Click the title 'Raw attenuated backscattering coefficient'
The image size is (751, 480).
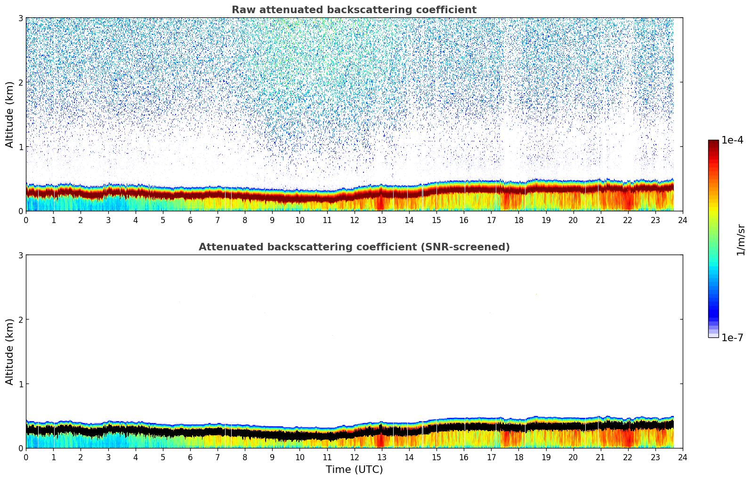(354, 10)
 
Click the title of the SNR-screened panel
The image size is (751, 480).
(354, 247)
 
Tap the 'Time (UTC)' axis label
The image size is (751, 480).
(354, 470)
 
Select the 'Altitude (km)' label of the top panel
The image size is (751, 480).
(10, 114)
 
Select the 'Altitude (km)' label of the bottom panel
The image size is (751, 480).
(10, 352)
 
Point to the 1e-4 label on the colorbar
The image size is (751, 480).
(732, 140)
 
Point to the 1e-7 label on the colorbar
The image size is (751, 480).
(732, 337)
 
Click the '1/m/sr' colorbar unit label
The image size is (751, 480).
(741, 240)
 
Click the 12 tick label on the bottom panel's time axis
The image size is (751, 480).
(354, 457)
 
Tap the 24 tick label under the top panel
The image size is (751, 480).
(683, 220)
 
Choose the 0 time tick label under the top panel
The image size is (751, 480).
(26, 220)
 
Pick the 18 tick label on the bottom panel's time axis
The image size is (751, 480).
(518, 457)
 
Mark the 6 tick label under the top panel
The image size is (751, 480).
(190, 220)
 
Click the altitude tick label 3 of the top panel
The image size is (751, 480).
(20, 18)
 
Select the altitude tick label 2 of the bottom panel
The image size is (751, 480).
(20, 320)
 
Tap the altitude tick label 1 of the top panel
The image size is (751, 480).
(20, 147)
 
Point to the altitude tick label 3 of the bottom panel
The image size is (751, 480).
(20, 255)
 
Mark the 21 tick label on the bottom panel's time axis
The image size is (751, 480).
(600, 457)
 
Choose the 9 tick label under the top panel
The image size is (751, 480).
(272, 220)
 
